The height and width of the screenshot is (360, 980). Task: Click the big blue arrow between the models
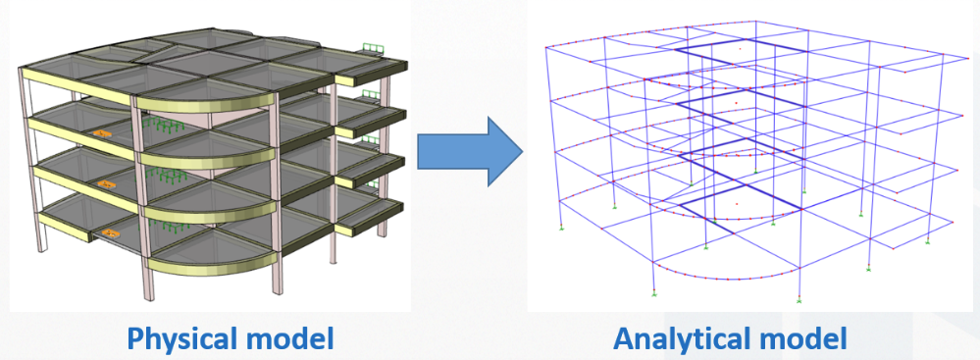pos(469,151)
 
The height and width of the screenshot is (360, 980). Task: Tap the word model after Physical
pos(292,338)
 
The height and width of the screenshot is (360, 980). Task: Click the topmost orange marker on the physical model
pos(101,133)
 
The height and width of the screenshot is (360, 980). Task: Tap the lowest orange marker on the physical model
pos(110,233)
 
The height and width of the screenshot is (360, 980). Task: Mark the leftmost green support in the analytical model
pos(561,227)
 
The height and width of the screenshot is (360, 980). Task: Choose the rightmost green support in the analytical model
pos(927,240)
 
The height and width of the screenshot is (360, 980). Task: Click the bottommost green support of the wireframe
pos(799,300)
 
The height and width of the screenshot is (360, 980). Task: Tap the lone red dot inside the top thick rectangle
pos(740,48)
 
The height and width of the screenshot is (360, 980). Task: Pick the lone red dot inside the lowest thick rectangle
pos(737,204)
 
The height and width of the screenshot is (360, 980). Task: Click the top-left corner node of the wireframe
pos(546,47)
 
